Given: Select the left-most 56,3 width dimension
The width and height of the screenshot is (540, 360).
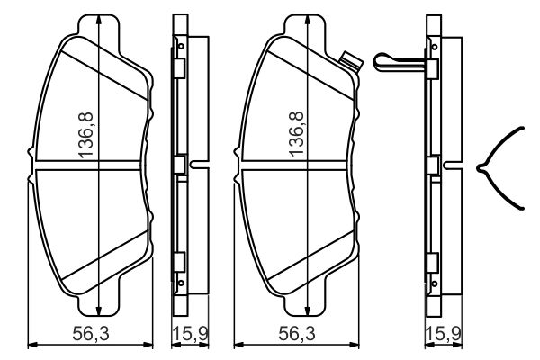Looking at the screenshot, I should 86,333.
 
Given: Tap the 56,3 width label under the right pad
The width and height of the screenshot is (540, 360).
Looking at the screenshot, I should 291,333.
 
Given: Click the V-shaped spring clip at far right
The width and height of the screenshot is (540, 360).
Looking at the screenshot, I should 500,167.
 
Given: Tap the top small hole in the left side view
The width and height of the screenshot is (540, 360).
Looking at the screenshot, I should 181,46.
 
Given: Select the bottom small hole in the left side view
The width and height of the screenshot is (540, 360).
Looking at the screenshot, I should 181,286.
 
